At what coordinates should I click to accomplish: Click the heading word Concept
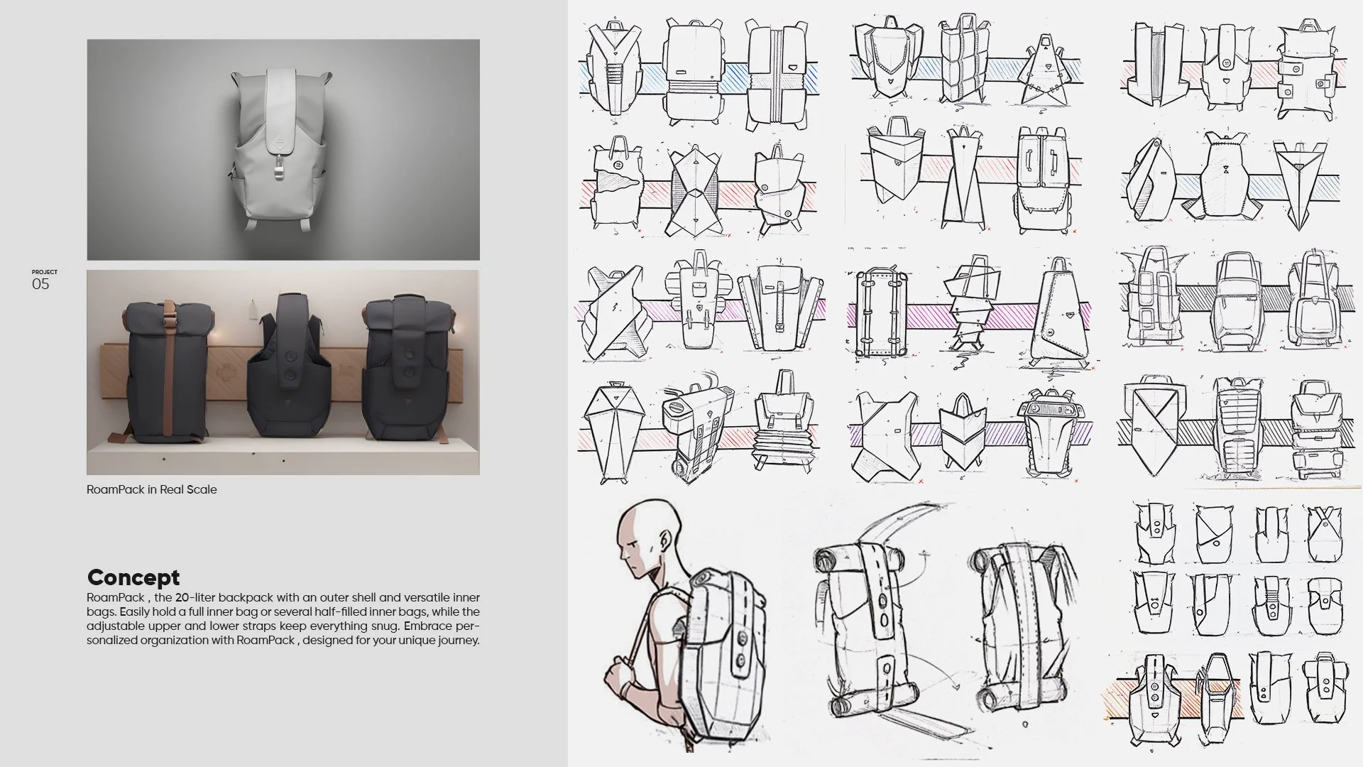tap(133, 577)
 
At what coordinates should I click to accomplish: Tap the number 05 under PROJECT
tap(40, 284)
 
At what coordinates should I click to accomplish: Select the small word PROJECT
tap(45, 272)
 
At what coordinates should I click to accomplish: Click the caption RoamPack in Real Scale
tap(152, 489)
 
